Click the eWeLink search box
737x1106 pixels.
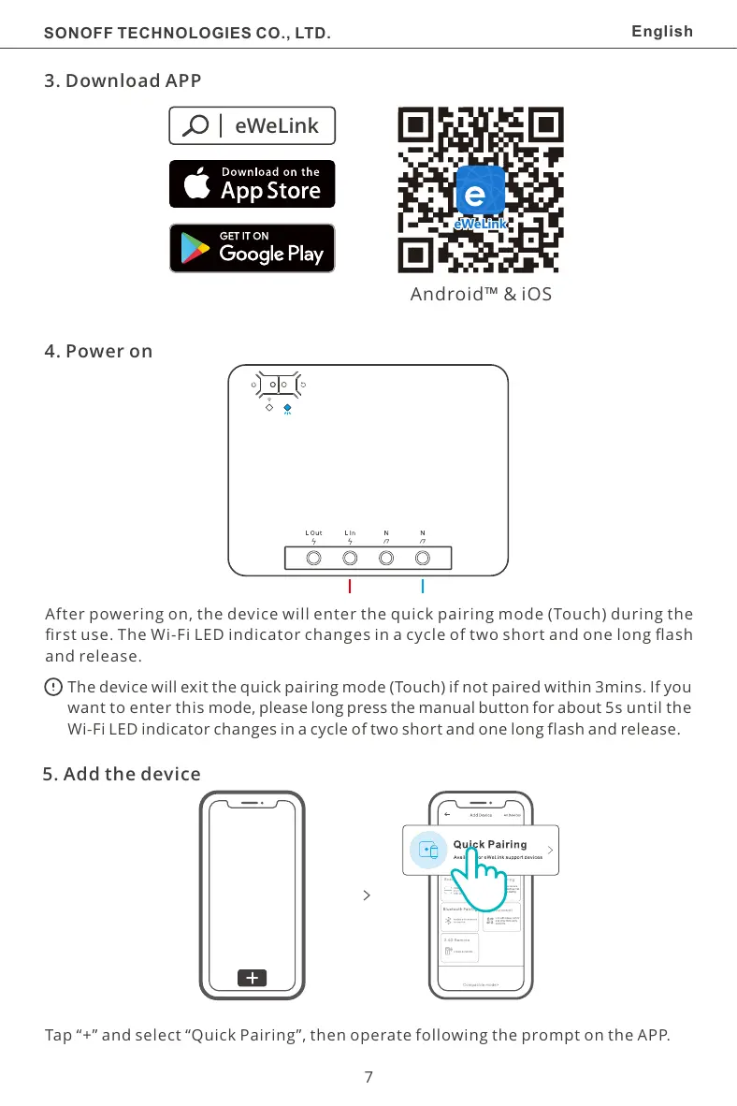point(252,125)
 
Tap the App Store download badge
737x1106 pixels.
point(252,183)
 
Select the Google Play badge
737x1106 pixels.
point(252,248)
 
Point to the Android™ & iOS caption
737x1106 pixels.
point(481,295)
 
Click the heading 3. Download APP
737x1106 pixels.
point(123,80)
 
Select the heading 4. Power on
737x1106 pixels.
point(98,352)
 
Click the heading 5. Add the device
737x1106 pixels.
point(122,775)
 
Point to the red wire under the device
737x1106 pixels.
point(349,587)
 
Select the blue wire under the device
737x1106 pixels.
point(423,587)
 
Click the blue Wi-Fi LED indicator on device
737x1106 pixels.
point(287,408)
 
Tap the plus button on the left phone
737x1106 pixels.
point(252,978)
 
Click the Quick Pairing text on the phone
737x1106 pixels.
point(489,844)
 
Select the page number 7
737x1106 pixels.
point(368,1077)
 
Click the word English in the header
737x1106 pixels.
point(662,32)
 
